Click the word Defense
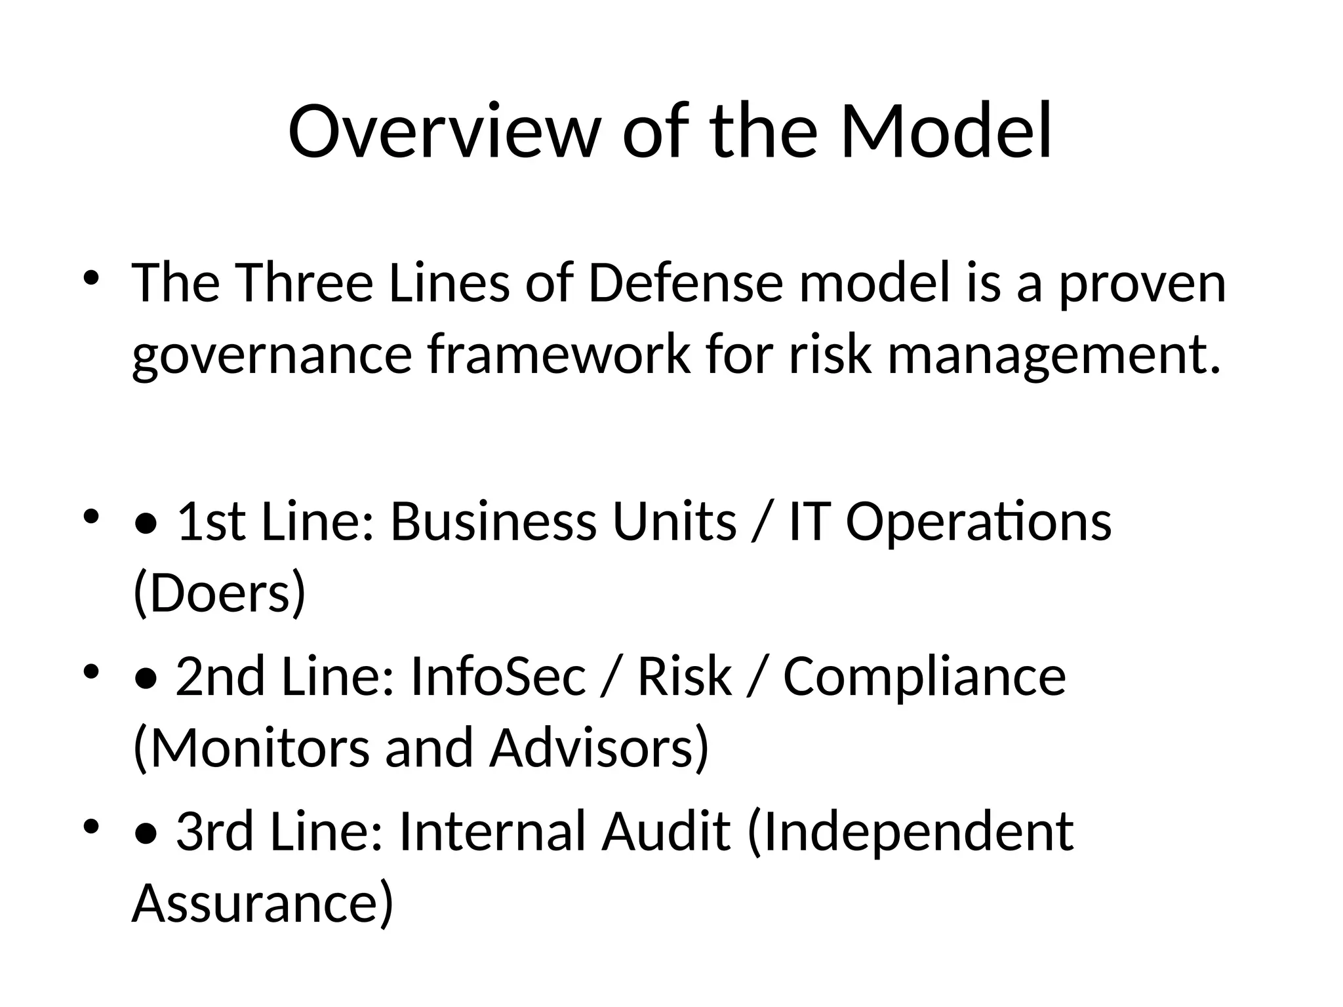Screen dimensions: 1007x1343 (x=686, y=283)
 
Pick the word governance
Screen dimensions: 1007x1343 (x=271, y=355)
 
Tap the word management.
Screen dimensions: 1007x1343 (x=1054, y=355)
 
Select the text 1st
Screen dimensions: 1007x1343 (x=211, y=522)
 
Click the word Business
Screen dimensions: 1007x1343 (x=493, y=522)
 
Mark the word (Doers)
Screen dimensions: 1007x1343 (x=219, y=593)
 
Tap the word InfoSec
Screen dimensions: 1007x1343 (x=498, y=677)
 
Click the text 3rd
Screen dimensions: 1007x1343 (x=214, y=831)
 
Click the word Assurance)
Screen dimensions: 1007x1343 (x=262, y=903)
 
